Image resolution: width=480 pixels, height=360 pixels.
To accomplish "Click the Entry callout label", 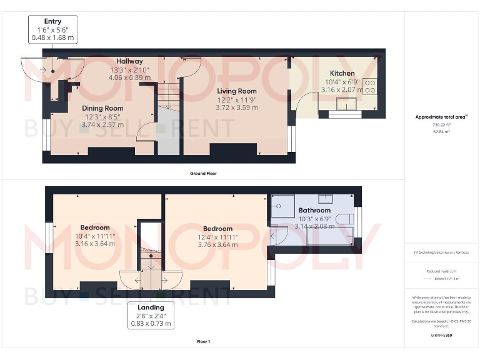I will (x=52, y=22).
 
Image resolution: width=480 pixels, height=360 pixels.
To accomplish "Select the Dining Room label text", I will (x=102, y=108).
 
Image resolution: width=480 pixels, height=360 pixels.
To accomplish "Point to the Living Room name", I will (x=237, y=91).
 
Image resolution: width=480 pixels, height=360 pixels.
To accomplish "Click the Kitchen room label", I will (x=342, y=73).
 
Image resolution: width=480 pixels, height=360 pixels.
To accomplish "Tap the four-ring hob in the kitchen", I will (x=369, y=86).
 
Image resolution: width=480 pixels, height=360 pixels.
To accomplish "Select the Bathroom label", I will (x=314, y=211).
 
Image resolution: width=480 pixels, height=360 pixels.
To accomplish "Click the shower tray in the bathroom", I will (x=282, y=203).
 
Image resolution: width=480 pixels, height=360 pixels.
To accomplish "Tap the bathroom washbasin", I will (x=325, y=199).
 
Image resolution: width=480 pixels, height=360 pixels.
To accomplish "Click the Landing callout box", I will (x=151, y=315).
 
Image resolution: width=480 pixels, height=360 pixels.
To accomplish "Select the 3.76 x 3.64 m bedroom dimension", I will (x=217, y=244).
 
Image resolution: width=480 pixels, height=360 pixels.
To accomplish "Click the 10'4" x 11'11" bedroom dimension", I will (x=95, y=236).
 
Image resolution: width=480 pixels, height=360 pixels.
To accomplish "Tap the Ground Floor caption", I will (x=204, y=173).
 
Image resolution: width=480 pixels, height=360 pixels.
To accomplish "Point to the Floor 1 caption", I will (x=203, y=342).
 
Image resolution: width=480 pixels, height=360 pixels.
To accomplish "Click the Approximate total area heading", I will (x=441, y=117).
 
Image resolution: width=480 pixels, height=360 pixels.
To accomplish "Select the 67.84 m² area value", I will (x=441, y=132).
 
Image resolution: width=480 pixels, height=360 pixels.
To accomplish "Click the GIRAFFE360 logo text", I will (x=441, y=336).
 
